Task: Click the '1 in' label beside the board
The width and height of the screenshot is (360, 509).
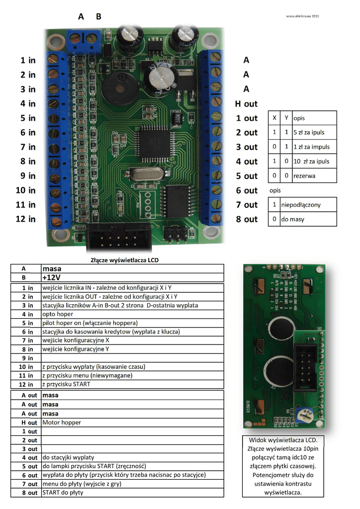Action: coord(28,60)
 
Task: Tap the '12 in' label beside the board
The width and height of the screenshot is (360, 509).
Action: coord(26,219)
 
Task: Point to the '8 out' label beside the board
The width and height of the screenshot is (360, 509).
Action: coord(247,219)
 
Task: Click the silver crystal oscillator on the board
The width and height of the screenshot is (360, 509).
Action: coord(144,173)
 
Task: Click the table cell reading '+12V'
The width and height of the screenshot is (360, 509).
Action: coord(55,277)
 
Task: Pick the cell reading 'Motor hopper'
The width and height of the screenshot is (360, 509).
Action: coord(62,423)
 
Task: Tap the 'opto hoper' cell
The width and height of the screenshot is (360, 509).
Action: coord(58,314)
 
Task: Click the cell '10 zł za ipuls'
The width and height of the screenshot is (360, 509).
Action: coord(311,162)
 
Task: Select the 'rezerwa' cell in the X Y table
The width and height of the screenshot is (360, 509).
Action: coord(304,176)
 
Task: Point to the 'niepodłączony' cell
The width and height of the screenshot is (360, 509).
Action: coord(301,204)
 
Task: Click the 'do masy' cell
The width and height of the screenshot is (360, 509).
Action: coord(293,219)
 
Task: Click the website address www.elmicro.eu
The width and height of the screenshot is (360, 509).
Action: coord(302,16)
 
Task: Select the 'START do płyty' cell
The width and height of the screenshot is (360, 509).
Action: coord(63,493)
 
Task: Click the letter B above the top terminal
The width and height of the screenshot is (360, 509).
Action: coord(98,16)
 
